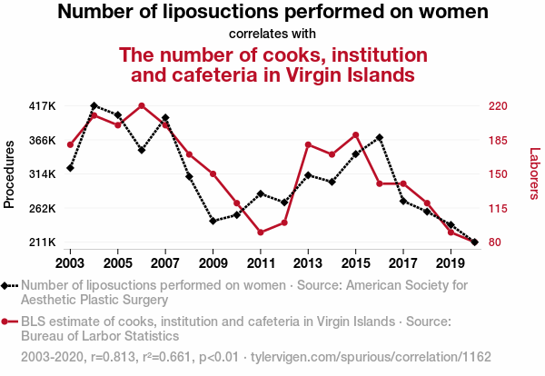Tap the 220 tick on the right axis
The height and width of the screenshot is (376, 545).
point(502,106)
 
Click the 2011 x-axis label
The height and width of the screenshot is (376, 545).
point(261,263)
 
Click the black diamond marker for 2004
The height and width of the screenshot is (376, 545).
point(94,106)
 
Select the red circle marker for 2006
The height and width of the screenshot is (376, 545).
point(142,106)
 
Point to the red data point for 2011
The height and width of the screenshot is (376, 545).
point(261,233)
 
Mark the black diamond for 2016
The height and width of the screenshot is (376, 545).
point(380,137)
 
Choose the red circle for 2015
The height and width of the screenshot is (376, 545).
point(356,135)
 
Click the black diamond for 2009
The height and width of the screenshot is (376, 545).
point(213,221)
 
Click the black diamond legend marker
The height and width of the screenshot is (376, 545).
point(6,285)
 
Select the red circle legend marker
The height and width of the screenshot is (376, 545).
point(6,321)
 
